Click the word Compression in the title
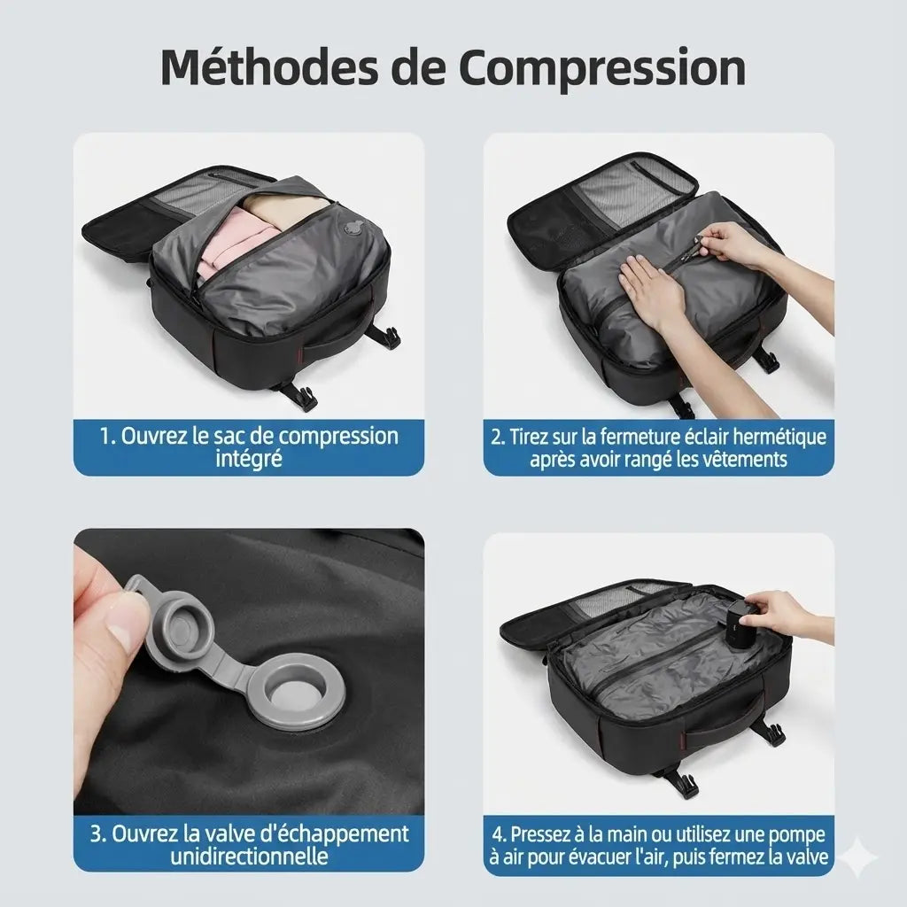(x=602, y=69)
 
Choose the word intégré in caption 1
(x=249, y=458)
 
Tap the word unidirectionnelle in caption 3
(x=249, y=855)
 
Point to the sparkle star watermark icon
(x=858, y=857)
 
